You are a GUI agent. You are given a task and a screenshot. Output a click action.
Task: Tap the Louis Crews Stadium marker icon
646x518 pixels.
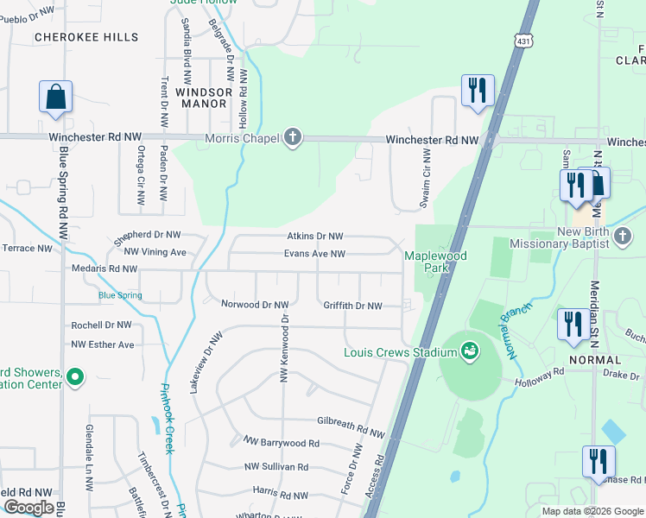pyautogui.click(x=470, y=351)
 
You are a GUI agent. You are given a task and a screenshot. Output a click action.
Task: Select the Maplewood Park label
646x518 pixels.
pyautogui.click(x=436, y=262)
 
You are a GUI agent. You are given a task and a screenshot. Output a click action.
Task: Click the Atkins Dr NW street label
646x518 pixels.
pyautogui.click(x=315, y=236)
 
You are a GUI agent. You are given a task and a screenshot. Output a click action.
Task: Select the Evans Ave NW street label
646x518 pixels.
pyautogui.click(x=315, y=254)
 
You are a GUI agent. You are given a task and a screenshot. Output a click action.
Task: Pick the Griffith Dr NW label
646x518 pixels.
pyautogui.click(x=352, y=306)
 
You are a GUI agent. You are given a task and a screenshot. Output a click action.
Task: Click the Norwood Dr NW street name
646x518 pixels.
pyautogui.click(x=255, y=305)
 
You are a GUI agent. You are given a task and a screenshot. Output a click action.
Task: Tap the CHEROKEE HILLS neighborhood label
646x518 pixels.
pyautogui.click(x=85, y=37)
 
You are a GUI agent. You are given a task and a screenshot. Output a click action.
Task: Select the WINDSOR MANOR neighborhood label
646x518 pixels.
pyautogui.click(x=204, y=97)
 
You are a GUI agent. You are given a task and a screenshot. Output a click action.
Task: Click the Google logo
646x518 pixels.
pyautogui.click(x=28, y=508)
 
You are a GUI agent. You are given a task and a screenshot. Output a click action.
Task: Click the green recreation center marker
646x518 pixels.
pyautogui.click(x=75, y=376)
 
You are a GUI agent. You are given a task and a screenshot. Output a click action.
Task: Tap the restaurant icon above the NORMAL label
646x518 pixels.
pyautogui.click(x=571, y=324)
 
